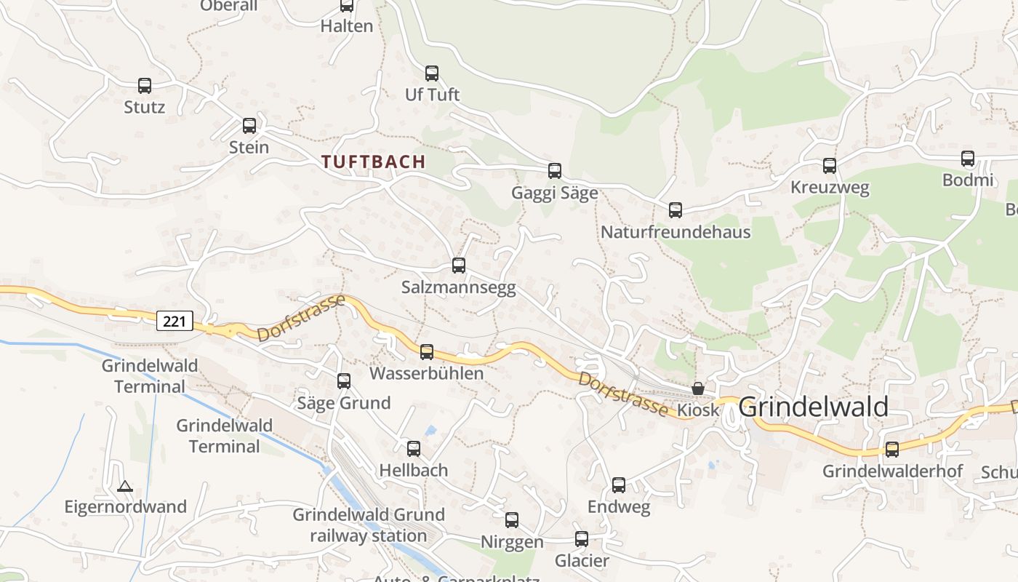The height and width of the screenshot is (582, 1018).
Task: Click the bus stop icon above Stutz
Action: (145, 86)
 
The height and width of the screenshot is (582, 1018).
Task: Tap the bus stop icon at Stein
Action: (249, 126)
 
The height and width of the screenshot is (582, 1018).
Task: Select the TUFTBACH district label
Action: (374, 162)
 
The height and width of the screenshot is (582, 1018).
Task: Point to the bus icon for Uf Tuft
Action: (432, 73)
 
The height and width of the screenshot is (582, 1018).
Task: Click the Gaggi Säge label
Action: (554, 193)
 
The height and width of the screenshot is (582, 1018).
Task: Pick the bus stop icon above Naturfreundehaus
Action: (676, 210)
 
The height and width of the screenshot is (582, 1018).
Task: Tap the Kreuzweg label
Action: (830, 188)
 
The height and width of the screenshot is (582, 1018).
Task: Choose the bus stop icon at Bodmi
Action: (968, 159)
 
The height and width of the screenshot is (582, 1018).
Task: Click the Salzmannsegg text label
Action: (458, 287)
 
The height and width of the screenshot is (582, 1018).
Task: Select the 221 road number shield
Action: (175, 320)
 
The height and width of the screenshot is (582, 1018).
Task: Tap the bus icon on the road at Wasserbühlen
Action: (427, 352)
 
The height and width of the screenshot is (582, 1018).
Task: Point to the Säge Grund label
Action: (344, 402)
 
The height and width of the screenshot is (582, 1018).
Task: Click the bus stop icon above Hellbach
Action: (414, 449)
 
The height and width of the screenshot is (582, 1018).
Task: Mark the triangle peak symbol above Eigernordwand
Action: (125, 486)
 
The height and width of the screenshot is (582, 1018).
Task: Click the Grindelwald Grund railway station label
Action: (369, 525)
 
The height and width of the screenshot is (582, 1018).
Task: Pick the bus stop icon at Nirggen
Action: (512, 520)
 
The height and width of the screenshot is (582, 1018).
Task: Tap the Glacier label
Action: (582, 561)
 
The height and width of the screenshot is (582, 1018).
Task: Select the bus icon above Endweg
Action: (619, 485)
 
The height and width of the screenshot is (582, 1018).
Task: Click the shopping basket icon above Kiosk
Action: (698, 388)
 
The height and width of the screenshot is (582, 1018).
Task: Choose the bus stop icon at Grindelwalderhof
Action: (892, 450)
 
